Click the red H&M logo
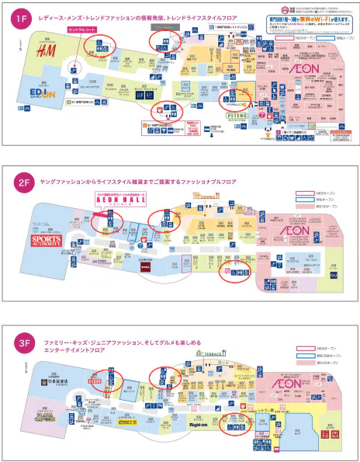point(46,52)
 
